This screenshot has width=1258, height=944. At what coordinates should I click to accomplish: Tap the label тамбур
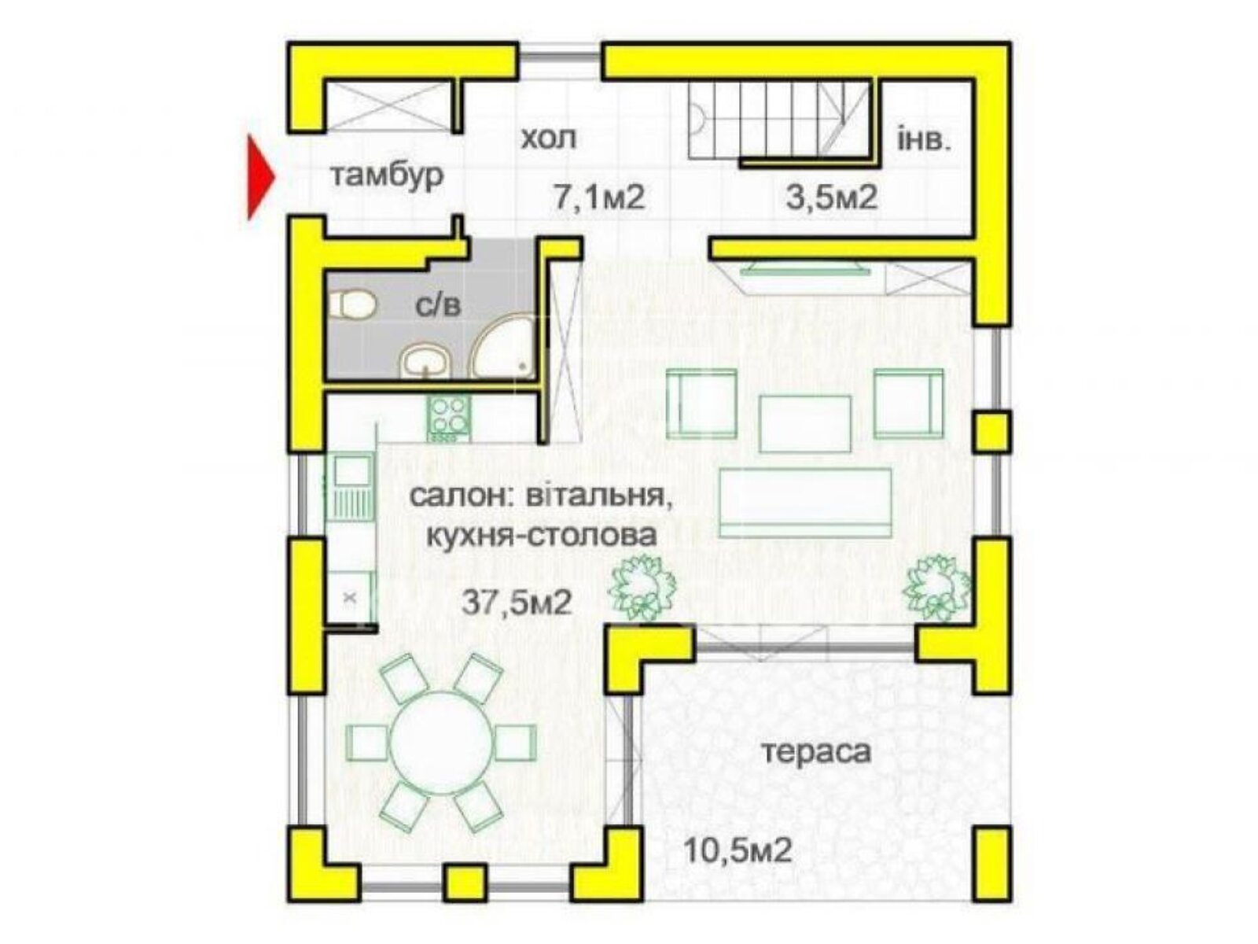pos(386,175)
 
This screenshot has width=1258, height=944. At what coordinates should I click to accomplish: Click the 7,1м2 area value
pos(598,197)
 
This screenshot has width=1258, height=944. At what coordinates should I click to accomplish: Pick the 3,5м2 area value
pos(831,197)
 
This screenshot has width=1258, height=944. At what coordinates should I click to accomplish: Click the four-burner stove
pos(449,418)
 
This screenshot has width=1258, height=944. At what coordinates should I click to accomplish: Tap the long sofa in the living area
pos(805,502)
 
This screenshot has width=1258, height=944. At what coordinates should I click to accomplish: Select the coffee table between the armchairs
pos(805,423)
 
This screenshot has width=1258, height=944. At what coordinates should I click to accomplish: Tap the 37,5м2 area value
pos(517,603)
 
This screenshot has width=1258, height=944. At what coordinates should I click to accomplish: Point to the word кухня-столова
pos(541,537)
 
